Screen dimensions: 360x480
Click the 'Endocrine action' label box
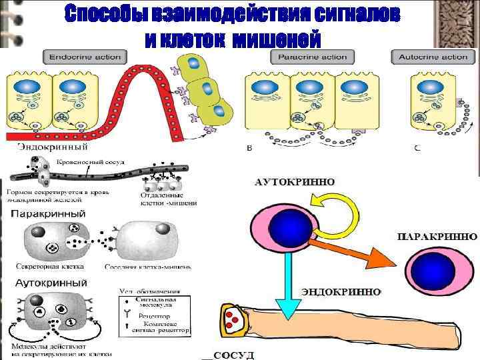tap(82, 57)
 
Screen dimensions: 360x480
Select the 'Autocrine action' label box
tap(433, 57)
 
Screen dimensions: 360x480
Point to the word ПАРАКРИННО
tap(437, 237)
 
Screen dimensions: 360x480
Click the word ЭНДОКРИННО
tap(341, 292)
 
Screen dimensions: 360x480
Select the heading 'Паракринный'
tap(48, 213)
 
